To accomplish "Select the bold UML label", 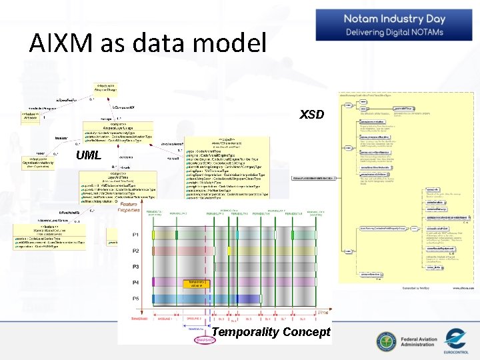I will coord(89,155).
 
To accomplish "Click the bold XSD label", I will coord(311,115).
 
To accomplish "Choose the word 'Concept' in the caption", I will coord(306,332).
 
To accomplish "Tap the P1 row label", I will coord(136,235).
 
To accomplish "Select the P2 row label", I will coord(136,251).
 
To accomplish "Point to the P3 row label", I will coord(136,267).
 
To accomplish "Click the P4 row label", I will coord(136,282).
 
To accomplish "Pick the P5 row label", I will coord(136,298).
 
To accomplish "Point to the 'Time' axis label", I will coord(323,312).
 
